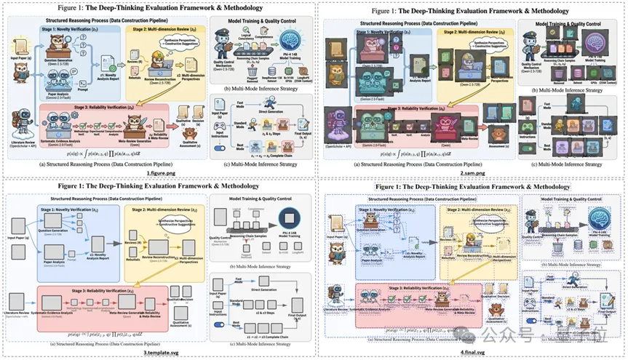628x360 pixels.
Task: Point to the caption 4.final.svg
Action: click(x=471, y=351)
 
